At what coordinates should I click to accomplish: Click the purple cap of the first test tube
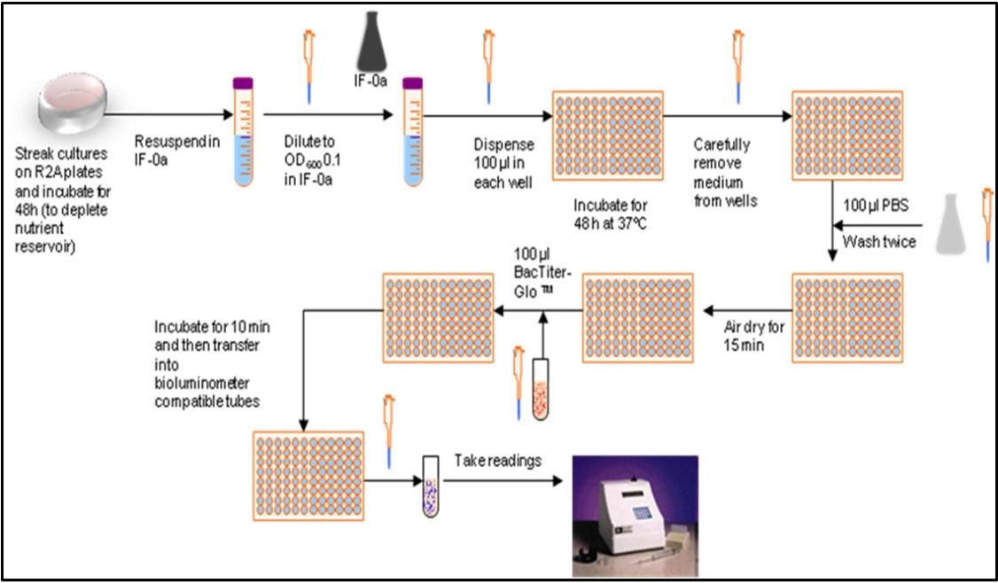[x=243, y=83]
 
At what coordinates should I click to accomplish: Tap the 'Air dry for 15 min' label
[x=753, y=336]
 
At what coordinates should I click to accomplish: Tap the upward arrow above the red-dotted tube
[x=542, y=336]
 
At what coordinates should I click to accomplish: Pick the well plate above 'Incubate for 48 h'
[x=607, y=136]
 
